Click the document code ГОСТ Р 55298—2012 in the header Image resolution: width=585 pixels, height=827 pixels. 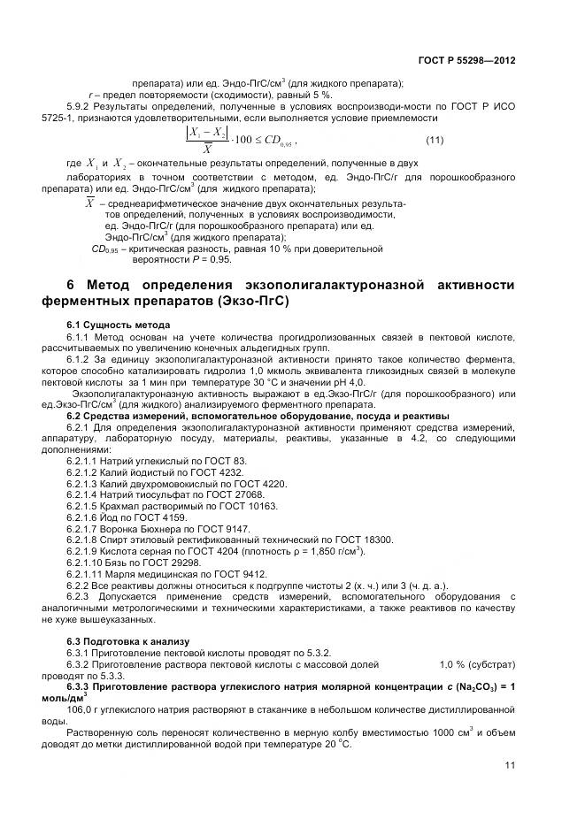(x=466, y=60)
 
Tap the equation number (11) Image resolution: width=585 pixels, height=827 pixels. (x=435, y=141)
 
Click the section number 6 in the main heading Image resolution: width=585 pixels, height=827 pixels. (x=72, y=284)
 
